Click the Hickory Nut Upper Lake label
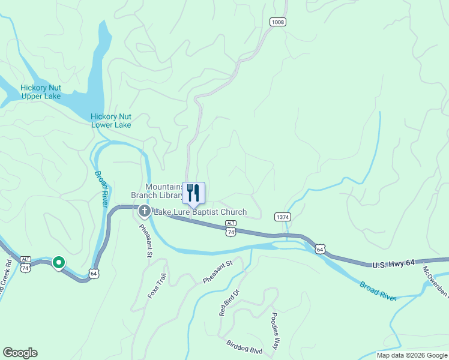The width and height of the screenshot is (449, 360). pyautogui.click(x=40, y=92)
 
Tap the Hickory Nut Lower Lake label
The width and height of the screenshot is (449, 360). pyautogui.click(x=111, y=121)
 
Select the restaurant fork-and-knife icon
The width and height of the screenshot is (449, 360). pyautogui.click(x=193, y=193)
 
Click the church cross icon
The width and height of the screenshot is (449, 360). pyautogui.click(x=144, y=211)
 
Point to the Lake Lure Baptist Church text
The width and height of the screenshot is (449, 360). pyautogui.click(x=200, y=212)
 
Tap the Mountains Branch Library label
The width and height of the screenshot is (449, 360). pyautogui.click(x=157, y=191)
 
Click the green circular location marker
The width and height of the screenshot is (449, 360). pyautogui.click(x=59, y=262)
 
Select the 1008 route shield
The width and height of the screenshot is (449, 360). pyautogui.click(x=278, y=22)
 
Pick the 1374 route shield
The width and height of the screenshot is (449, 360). pyautogui.click(x=283, y=216)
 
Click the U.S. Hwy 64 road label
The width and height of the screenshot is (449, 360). pyautogui.click(x=393, y=264)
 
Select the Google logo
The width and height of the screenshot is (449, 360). pyautogui.click(x=20, y=353)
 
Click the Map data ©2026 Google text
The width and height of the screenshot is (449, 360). pyautogui.click(x=411, y=355)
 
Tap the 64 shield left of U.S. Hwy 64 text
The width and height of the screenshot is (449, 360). pyautogui.click(x=321, y=248)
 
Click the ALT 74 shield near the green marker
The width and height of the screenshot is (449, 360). pyautogui.click(x=25, y=265)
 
